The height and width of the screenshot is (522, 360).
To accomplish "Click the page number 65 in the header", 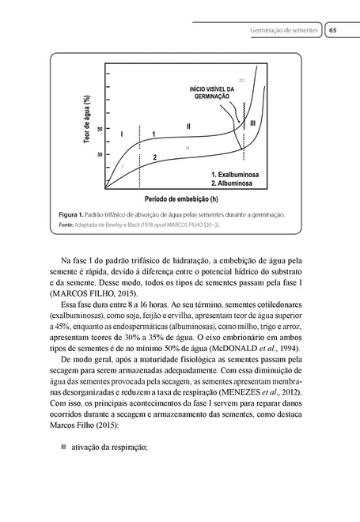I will (335, 29).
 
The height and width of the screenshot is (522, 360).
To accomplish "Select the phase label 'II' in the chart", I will (188, 126).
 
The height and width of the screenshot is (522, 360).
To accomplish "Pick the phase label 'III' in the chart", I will (252, 124).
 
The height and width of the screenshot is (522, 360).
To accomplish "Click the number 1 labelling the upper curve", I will (153, 134).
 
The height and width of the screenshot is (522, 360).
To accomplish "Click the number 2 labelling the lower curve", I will (155, 158).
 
